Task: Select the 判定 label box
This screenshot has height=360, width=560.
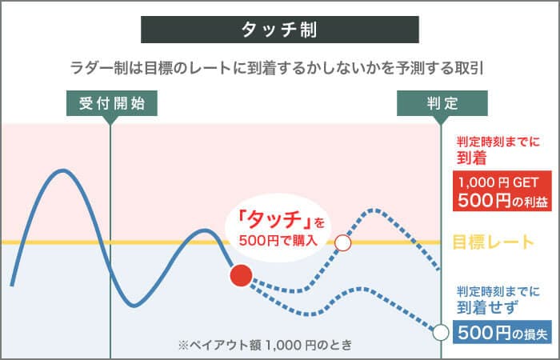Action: pyautogui.click(x=442, y=103)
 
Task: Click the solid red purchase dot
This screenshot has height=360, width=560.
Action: pyautogui.click(x=241, y=276)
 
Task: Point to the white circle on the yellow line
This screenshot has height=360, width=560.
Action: pyautogui.click(x=343, y=242)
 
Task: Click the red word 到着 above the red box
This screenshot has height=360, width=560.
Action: pyautogui.click(x=473, y=157)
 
